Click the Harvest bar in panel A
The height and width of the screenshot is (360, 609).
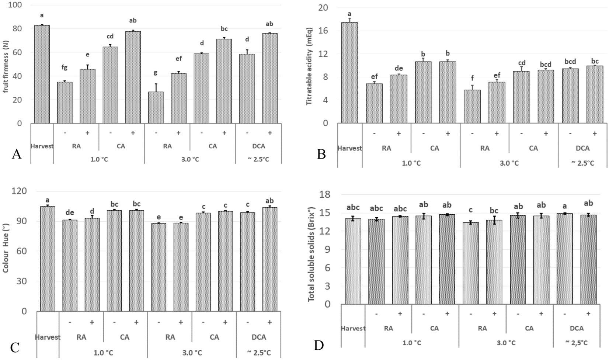(x=42, y=74)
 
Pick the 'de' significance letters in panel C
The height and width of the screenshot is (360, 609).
(x=70, y=212)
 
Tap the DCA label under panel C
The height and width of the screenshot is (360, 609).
(x=258, y=337)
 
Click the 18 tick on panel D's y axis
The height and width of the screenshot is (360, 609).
(x=328, y=194)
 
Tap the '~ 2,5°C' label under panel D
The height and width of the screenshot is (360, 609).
(x=577, y=343)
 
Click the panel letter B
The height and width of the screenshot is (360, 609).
(x=321, y=154)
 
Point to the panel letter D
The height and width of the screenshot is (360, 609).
(x=319, y=345)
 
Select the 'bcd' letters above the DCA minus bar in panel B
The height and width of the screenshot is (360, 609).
(x=570, y=62)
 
